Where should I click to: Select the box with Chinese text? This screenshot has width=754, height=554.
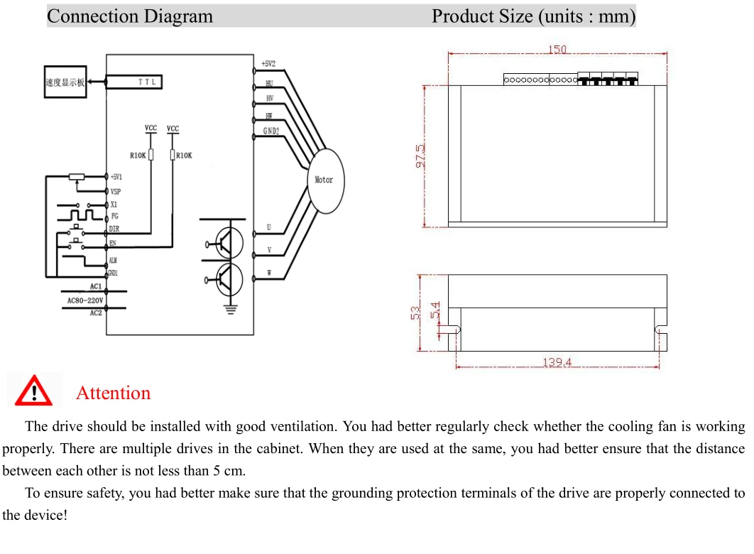[x=65, y=82]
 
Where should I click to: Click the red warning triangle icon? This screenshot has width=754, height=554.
[x=33, y=391]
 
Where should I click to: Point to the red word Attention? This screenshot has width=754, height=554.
[x=113, y=393]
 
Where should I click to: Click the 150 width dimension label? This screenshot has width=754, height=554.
[x=557, y=50]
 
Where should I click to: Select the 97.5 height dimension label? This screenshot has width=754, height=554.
[x=420, y=156]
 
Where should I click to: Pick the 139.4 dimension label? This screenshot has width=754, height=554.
[x=557, y=363]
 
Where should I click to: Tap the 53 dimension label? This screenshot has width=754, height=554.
[x=416, y=313]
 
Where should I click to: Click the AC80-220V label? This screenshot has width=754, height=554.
[x=84, y=300]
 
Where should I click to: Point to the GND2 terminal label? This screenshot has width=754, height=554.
[x=271, y=131]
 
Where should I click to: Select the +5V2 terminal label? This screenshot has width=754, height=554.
[x=268, y=64]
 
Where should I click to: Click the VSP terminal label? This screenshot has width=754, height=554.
[x=116, y=192]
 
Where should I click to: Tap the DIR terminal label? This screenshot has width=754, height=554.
[x=114, y=229]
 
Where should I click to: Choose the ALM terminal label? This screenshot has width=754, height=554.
[x=114, y=261]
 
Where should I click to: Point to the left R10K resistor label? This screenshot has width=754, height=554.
[x=137, y=155]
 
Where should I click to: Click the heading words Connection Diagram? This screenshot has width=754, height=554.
[x=130, y=16]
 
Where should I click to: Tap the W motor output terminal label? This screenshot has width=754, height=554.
[x=269, y=273]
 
